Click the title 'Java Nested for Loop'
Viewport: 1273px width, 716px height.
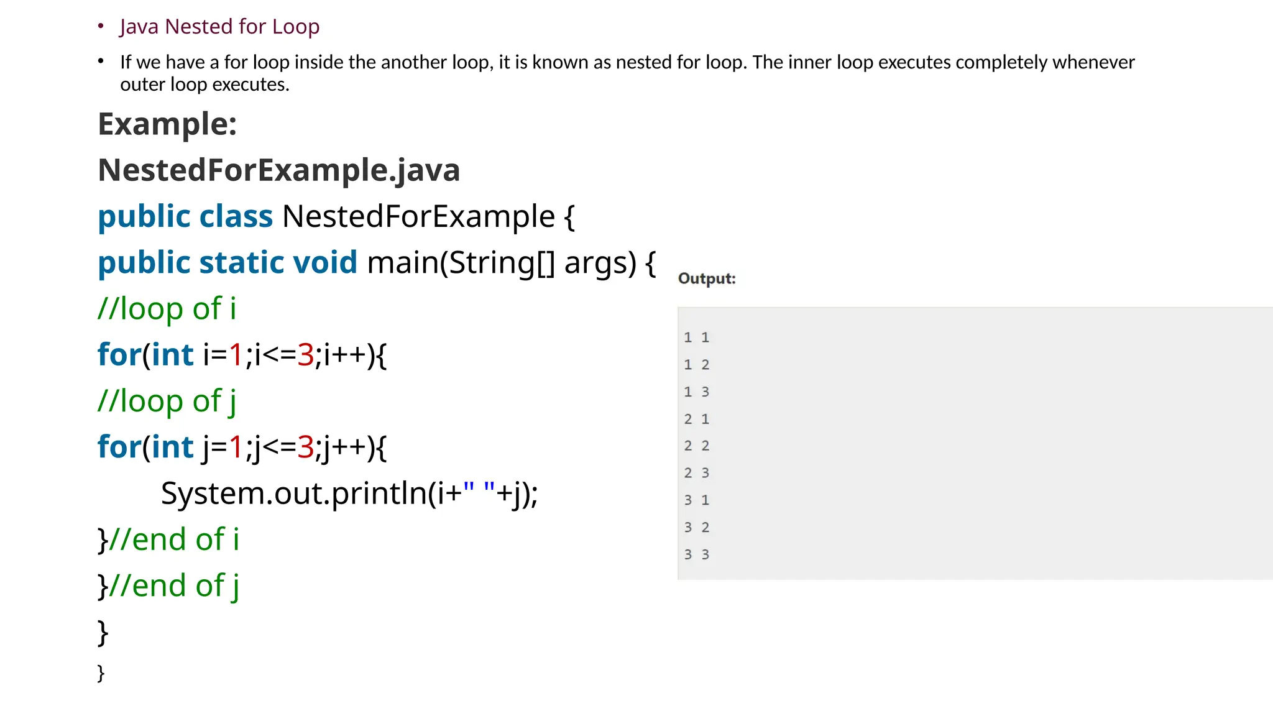(219, 27)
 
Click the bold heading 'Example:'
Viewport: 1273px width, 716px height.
(167, 124)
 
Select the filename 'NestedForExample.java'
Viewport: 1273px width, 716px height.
(278, 170)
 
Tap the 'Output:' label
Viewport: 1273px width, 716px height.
(707, 278)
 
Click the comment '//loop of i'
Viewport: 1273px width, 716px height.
(167, 309)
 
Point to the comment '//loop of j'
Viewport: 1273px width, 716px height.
(167, 401)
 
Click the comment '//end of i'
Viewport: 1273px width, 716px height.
(173, 539)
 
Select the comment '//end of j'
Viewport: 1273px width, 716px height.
(173, 585)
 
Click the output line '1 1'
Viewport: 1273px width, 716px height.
(696, 337)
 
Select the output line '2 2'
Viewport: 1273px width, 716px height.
(696, 446)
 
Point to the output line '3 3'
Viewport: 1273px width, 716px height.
(696, 554)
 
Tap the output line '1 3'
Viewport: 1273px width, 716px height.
(696, 392)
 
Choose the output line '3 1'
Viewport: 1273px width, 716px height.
(696, 500)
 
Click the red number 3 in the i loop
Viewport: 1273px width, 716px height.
(305, 355)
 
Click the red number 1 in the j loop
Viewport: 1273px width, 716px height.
(236, 447)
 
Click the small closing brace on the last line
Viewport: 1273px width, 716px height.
(101, 672)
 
